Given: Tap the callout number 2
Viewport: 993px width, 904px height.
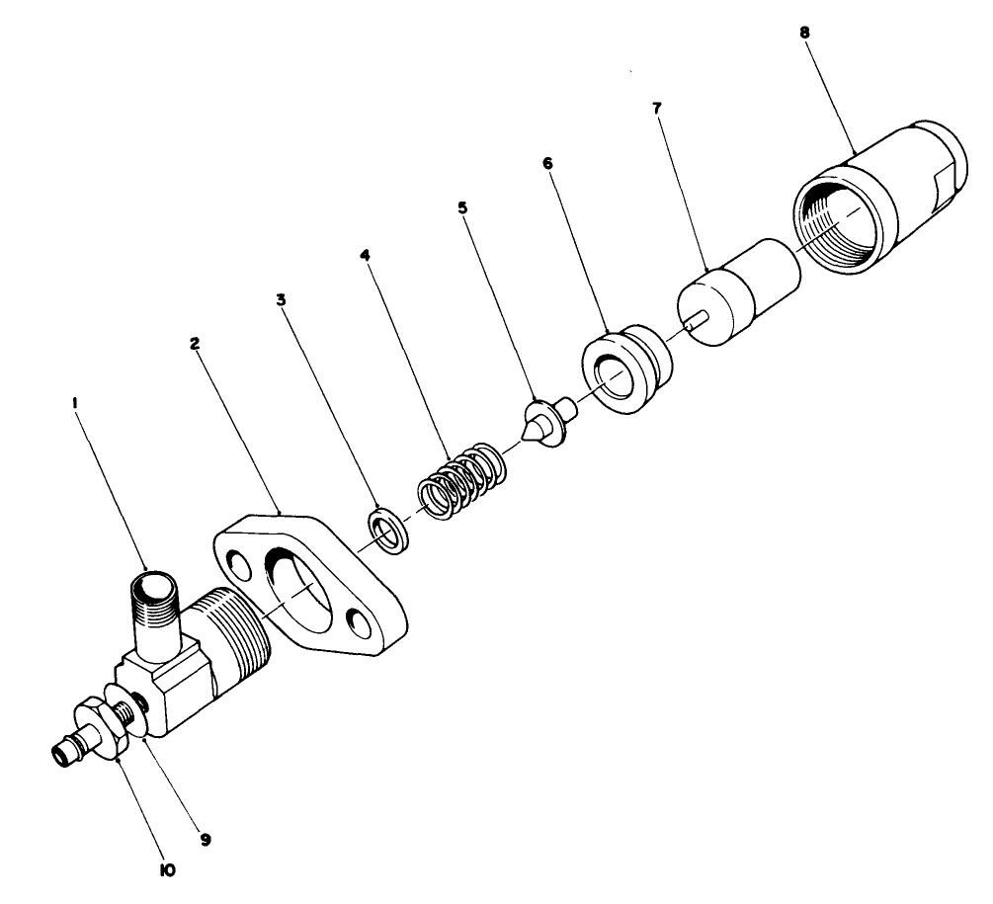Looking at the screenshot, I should click(195, 344).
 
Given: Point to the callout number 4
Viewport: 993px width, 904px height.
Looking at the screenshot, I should click(365, 254).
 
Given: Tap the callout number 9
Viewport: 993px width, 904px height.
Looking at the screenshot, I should click(206, 840).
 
